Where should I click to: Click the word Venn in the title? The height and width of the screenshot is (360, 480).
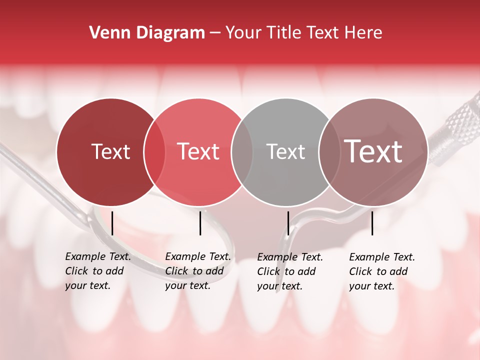click(x=106, y=33)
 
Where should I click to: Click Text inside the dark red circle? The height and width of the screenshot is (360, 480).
click(x=110, y=151)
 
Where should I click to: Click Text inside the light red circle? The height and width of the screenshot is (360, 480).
click(x=198, y=151)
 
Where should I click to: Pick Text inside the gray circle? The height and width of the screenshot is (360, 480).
click(x=285, y=151)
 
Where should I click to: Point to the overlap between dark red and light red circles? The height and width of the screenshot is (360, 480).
click(x=154, y=151)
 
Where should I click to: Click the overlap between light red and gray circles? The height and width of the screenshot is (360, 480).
click(x=242, y=151)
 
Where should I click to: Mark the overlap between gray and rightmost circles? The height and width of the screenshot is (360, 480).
click(x=329, y=151)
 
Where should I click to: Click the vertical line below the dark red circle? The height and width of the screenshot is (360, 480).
click(x=112, y=223)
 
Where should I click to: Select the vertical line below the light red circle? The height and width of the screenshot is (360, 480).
click(x=200, y=223)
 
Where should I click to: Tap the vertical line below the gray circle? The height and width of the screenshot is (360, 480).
click(x=288, y=223)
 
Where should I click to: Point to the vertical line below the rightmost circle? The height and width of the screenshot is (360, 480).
click(x=372, y=223)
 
